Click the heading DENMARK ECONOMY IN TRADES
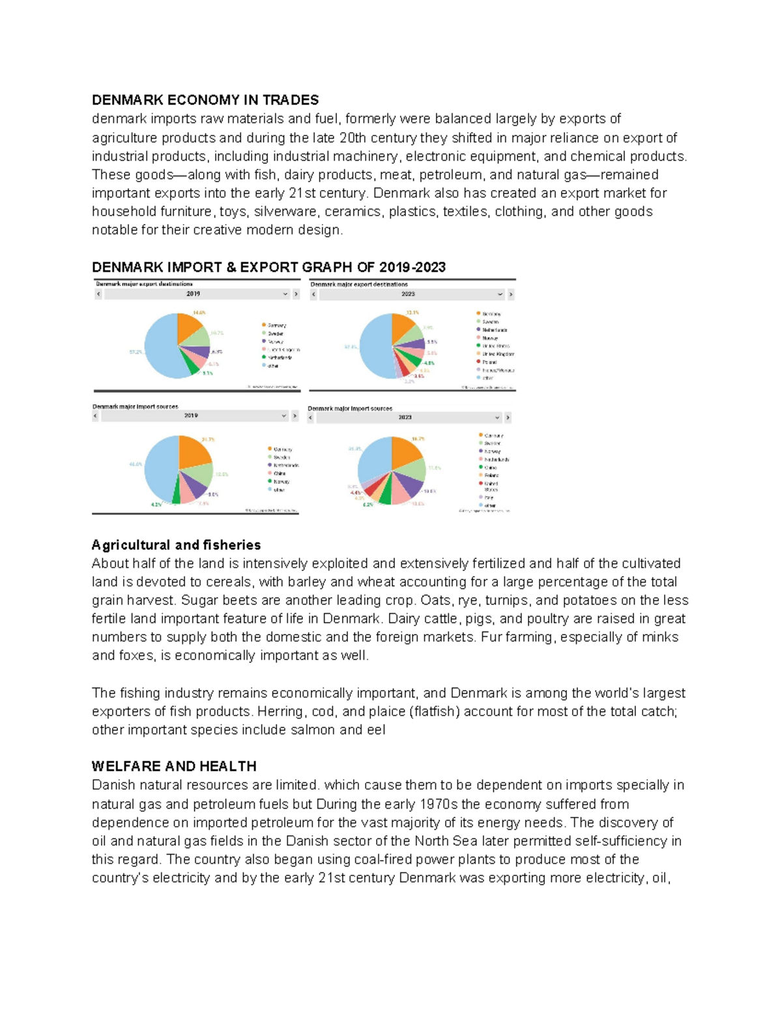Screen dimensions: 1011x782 click(x=205, y=100)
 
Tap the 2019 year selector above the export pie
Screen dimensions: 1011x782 click(x=193, y=294)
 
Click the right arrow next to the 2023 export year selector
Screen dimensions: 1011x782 click(x=511, y=294)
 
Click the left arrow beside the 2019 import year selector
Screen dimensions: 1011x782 click(x=95, y=415)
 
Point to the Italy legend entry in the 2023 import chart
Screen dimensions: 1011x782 click(x=489, y=497)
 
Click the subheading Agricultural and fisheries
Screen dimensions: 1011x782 click(x=176, y=545)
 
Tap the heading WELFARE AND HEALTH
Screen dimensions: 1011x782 click(x=174, y=766)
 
